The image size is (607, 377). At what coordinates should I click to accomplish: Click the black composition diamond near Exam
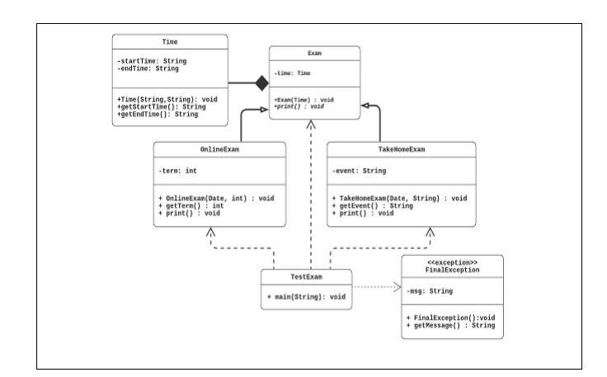(x=261, y=82)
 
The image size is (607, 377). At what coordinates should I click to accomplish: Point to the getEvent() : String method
(x=378, y=205)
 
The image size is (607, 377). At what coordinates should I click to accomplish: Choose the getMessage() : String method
(x=452, y=327)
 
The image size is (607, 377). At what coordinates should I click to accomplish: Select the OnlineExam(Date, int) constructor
(x=216, y=198)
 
